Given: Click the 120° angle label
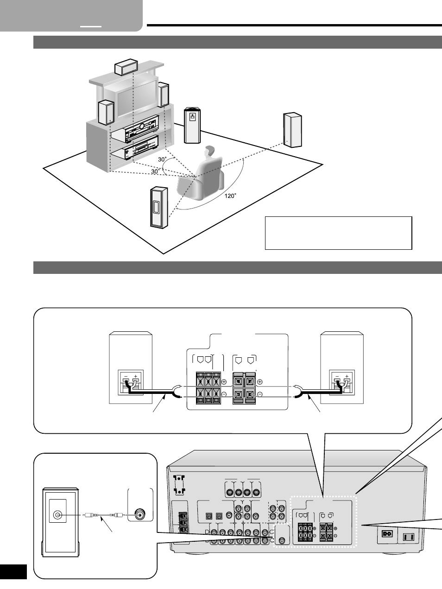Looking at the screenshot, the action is click(x=230, y=196).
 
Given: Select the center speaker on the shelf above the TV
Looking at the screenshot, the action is click(x=126, y=67).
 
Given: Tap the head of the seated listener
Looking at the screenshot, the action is click(x=209, y=152).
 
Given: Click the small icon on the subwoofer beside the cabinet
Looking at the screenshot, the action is click(x=193, y=117).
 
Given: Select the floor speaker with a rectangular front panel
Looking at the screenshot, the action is click(x=159, y=208).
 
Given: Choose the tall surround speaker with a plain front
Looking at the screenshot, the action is click(x=293, y=130).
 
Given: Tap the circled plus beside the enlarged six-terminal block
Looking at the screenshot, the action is click(x=224, y=381).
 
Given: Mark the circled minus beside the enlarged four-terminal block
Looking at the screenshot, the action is click(x=259, y=394).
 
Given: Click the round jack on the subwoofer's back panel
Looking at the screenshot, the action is click(x=57, y=515).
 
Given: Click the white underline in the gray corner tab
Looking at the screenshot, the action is click(x=91, y=26).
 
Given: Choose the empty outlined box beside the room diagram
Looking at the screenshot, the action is click(x=339, y=233).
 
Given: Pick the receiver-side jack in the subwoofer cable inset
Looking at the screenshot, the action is click(x=139, y=515).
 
